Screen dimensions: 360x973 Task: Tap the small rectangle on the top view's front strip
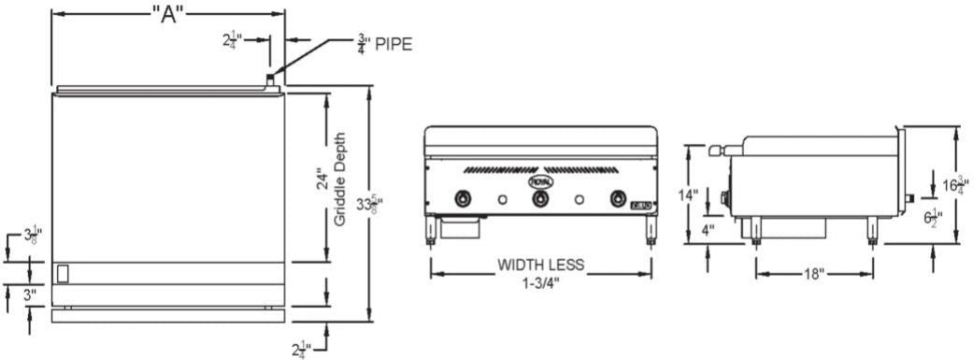(63, 273)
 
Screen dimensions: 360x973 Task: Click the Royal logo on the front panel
(540, 180)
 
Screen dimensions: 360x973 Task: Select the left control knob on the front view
(463, 198)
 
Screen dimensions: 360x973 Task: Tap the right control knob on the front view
(617, 198)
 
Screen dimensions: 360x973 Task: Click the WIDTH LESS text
(540, 266)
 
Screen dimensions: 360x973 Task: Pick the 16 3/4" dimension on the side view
(951, 184)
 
